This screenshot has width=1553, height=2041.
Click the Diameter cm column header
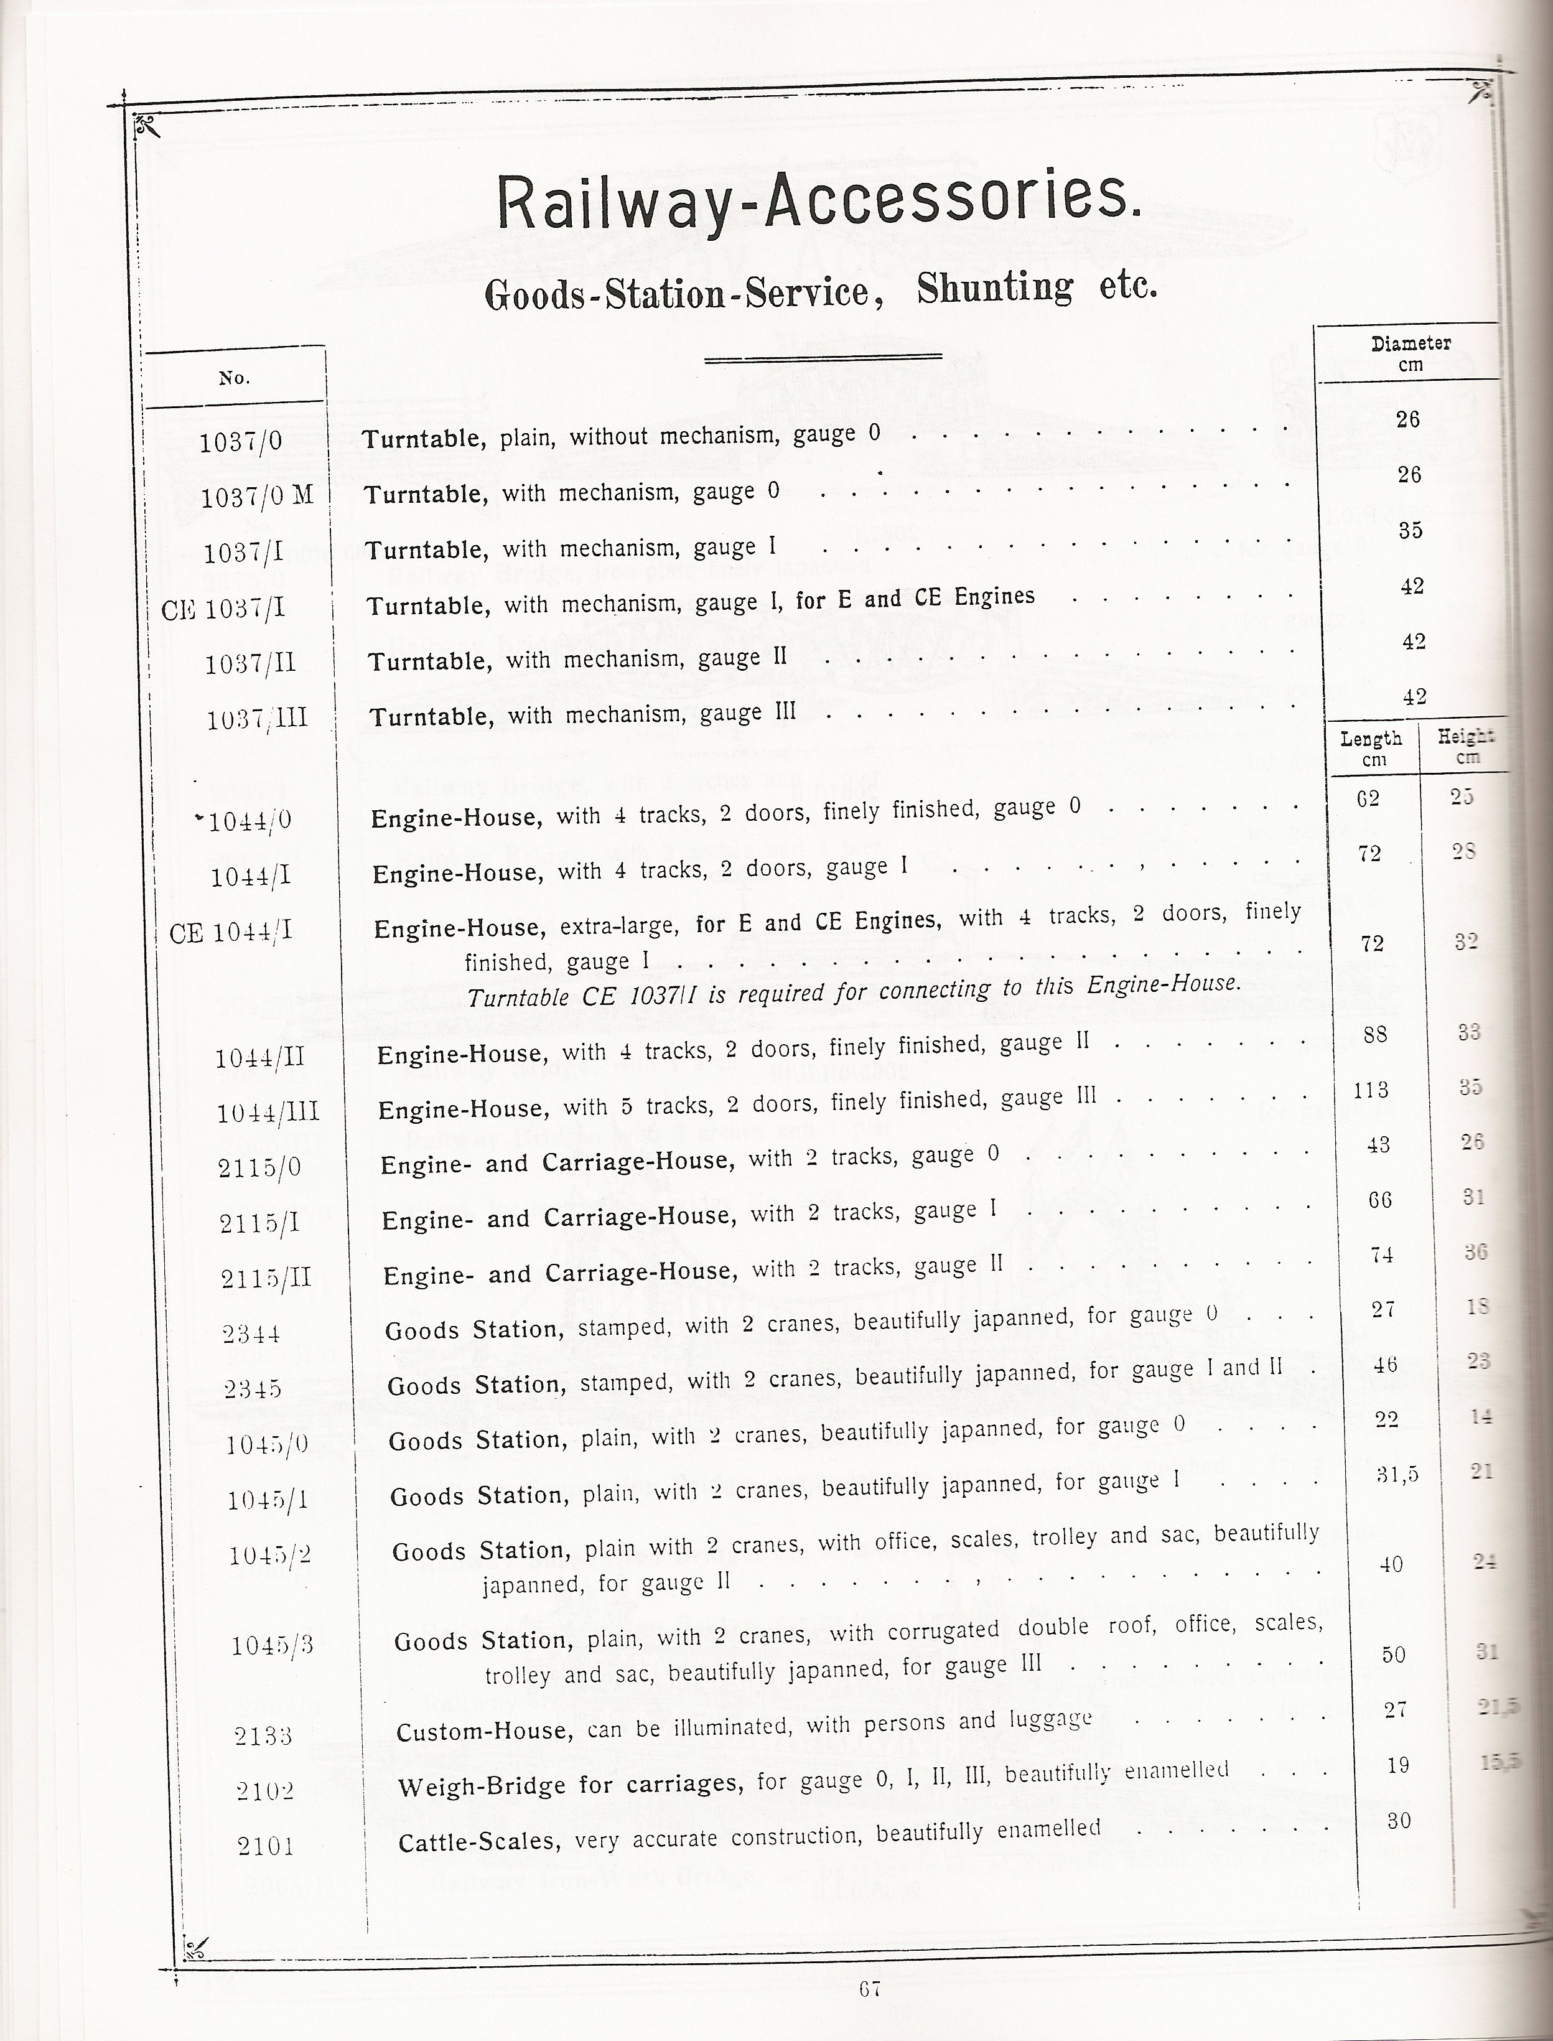(1411, 353)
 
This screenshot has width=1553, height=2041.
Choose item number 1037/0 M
(257, 497)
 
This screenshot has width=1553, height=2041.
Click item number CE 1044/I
(231, 932)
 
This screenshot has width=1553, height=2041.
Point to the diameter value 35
(1410, 531)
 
